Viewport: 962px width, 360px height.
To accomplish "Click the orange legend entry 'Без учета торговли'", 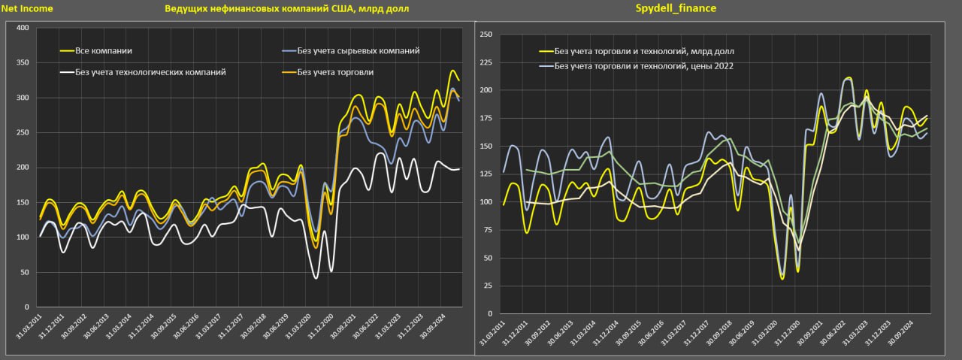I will (335, 72).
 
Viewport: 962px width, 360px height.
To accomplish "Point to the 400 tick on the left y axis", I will (22, 28).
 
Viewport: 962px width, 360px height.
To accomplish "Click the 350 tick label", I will (22, 63).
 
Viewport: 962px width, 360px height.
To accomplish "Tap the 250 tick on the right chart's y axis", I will (485, 35).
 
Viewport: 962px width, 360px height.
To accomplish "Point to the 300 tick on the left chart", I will (22, 98).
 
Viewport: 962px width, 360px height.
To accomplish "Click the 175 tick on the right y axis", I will (485, 118).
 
